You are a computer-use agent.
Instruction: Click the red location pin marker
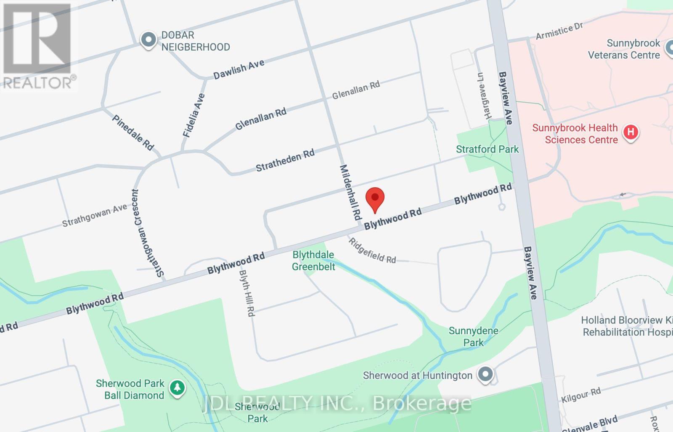click(375, 199)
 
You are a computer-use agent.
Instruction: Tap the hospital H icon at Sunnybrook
click(630, 132)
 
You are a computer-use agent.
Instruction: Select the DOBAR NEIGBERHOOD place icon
click(148, 40)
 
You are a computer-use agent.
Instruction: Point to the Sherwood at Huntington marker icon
click(485, 374)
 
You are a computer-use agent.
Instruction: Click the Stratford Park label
click(487, 149)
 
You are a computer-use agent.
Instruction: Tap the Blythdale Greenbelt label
click(313, 261)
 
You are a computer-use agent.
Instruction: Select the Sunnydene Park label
click(473, 336)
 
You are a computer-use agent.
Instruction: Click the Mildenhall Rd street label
click(350, 192)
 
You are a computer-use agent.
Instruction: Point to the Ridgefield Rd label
click(372, 251)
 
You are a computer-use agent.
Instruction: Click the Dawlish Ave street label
click(238, 69)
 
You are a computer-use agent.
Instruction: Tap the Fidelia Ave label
click(194, 115)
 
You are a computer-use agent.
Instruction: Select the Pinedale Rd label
click(133, 132)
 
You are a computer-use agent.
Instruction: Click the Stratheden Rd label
click(285, 160)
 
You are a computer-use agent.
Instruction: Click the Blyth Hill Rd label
click(247, 293)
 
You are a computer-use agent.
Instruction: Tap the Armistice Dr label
click(559, 31)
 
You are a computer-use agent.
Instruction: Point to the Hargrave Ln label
click(483, 96)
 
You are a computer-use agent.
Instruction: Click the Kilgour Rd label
click(581, 395)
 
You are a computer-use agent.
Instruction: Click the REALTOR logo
click(38, 46)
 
